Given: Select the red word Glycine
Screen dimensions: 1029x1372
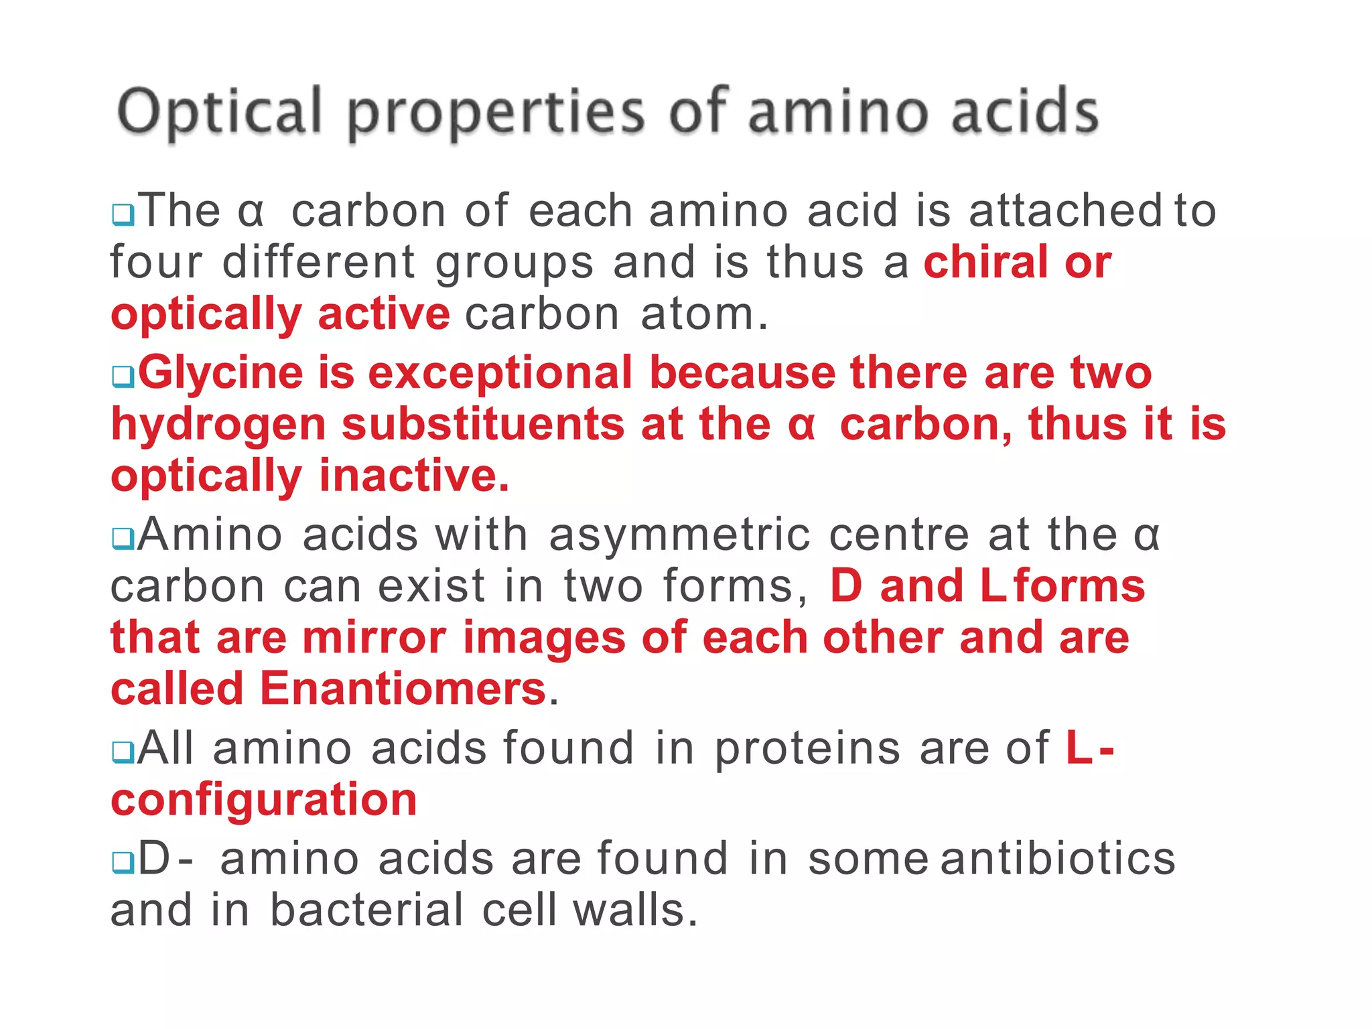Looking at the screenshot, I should click(x=220, y=373).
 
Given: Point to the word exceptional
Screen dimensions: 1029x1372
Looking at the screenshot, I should click(x=500, y=373).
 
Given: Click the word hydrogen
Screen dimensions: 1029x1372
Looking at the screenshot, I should click(x=218, y=425).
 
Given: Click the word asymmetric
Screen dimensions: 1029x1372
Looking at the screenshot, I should click(x=679, y=536).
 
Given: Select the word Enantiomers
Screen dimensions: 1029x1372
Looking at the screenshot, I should click(x=403, y=689).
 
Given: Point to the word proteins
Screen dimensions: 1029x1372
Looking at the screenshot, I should click(x=807, y=748).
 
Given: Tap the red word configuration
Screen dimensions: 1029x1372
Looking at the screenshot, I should click(x=264, y=800).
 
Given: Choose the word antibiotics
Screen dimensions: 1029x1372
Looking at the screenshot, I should click(x=1058, y=859).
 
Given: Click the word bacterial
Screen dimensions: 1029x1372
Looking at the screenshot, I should click(x=366, y=910).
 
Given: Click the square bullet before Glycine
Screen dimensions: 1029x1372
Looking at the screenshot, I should click(x=123, y=376).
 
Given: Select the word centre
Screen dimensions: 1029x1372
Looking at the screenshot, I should click(x=899, y=536).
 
